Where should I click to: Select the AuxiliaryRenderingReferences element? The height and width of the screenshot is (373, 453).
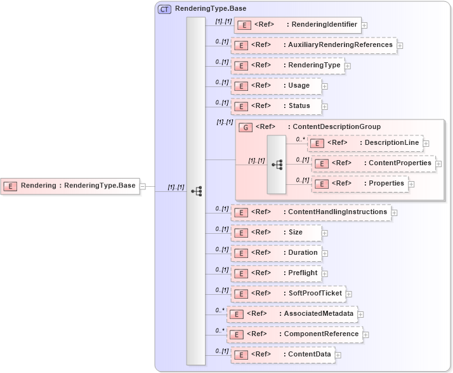313,45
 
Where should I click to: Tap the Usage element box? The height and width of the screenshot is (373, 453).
275,86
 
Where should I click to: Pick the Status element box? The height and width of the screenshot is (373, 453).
275,106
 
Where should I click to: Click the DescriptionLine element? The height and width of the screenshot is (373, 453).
365,143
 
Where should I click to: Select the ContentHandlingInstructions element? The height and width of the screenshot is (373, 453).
310,212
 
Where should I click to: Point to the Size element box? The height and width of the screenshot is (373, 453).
275,233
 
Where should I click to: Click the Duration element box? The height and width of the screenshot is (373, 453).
275,253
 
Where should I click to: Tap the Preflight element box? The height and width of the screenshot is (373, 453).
275,273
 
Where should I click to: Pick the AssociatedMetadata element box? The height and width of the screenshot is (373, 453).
292,314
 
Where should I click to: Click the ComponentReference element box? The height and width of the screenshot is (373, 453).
294,334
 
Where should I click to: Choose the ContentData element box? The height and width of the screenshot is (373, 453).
282,355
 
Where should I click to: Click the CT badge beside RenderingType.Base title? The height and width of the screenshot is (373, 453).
164,9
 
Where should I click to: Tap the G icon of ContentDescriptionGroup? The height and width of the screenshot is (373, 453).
245,127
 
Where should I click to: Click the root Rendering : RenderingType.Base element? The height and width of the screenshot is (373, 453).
70,186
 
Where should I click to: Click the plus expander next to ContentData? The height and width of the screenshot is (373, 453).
338,355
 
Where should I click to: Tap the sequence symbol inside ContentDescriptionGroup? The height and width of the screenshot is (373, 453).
277,164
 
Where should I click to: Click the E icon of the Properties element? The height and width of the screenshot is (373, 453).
322,184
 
